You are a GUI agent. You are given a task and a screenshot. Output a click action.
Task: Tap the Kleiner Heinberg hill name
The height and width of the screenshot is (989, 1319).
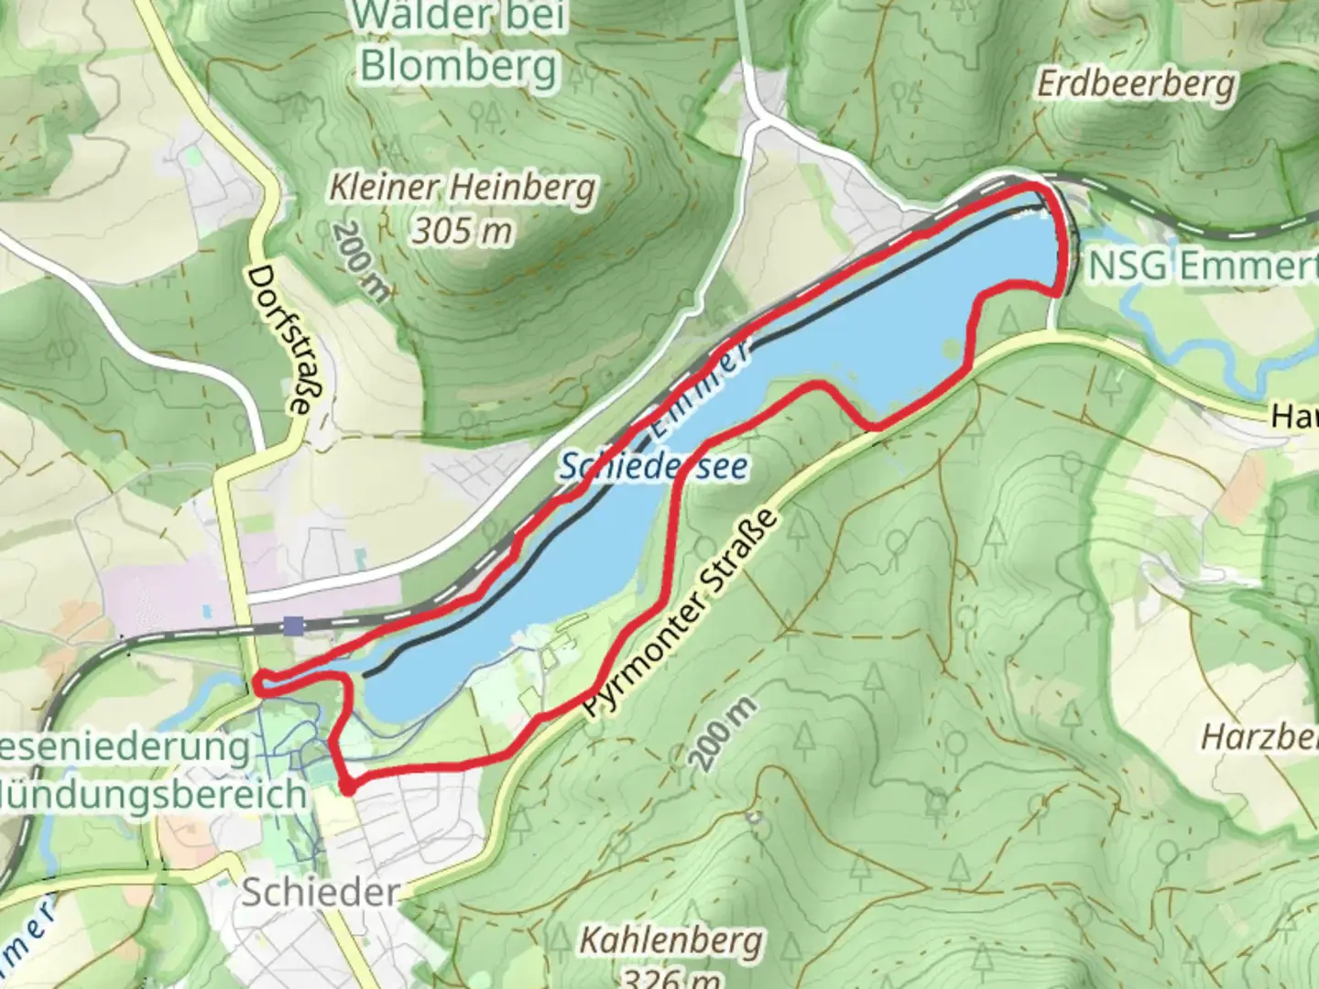[463, 190]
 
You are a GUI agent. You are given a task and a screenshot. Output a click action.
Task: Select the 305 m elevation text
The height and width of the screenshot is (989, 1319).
[462, 231]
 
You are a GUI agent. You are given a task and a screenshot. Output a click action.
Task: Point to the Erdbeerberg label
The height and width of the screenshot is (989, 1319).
[1136, 84]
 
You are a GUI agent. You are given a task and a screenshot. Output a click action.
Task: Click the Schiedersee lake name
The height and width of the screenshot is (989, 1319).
[652, 467]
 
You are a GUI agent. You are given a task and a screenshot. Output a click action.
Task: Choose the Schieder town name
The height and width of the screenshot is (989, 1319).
[320, 893]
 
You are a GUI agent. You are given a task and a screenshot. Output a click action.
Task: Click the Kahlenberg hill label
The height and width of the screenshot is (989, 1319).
[670, 940]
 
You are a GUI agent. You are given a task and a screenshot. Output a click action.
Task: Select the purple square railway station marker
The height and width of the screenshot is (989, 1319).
[293, 625]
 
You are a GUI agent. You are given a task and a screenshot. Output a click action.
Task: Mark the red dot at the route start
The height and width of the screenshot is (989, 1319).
[347, 787]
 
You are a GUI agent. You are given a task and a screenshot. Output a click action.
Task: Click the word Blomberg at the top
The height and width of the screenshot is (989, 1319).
[458, 66]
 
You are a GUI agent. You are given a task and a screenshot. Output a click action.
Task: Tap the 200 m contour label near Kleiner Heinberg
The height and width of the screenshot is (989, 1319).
[361, 261]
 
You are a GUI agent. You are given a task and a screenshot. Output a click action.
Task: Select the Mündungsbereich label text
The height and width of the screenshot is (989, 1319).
[151, 794]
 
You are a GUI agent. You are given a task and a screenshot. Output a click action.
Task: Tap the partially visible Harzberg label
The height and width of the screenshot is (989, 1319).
[1259, 736]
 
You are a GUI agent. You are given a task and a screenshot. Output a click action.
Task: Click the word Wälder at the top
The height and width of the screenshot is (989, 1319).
[458, 16]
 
